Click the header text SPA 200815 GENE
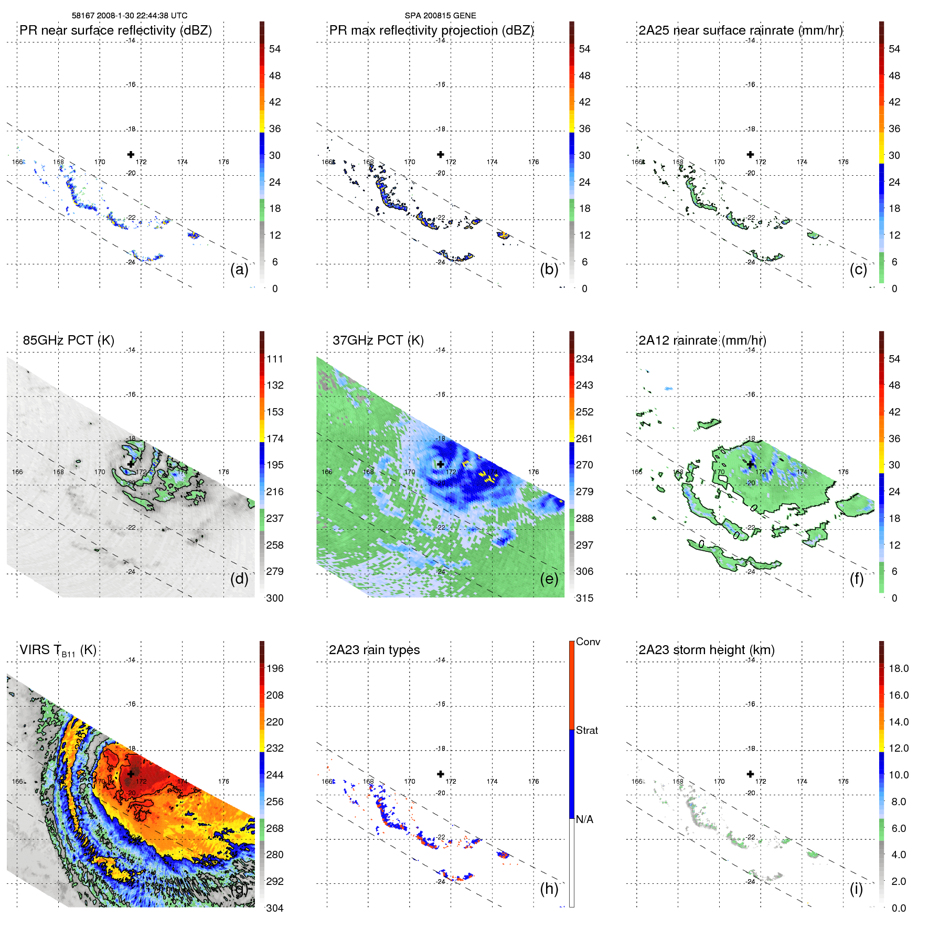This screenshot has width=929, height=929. [x=440, y=16]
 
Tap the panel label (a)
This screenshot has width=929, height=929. [x=239, y=269]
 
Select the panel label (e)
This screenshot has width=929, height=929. [x=549, y=579]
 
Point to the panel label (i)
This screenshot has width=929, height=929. [x=856, y=889]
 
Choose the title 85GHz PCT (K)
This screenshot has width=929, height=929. [x=68, y=340]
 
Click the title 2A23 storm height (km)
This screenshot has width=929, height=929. [x=707, y=650]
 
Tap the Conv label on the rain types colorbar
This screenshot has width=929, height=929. [x=588, y=642]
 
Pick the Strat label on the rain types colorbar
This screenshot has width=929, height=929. [x=586, y=730]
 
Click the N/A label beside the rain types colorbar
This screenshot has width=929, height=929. [x=584, y=819]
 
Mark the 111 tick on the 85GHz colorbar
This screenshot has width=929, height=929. [x=275, y=359]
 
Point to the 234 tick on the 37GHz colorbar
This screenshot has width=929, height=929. [x=584, y=359]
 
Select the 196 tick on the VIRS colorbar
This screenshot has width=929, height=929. [x=275, y=669]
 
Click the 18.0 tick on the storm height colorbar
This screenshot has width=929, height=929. [x=899, y=669]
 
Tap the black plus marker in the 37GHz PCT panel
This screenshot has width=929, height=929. [x=441, y=464]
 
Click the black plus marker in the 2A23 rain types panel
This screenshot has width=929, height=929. [x=441, y=774]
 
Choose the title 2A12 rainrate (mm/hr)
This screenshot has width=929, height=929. [x=702, y=340]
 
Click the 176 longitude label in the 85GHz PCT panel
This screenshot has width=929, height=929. [x=223, y=472]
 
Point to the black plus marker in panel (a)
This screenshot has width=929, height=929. [x=131, y=154]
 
